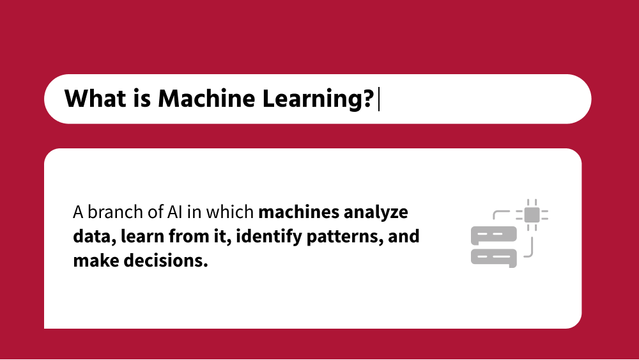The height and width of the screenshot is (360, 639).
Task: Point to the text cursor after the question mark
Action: [x=379, y=100]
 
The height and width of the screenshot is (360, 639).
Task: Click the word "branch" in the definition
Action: [x=106, y=212]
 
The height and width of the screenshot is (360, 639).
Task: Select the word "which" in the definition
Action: [x=234, y=212]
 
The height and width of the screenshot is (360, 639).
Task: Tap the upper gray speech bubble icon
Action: [x=493, y=236]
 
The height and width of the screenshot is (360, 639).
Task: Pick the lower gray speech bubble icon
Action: [x=493, y=257]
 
